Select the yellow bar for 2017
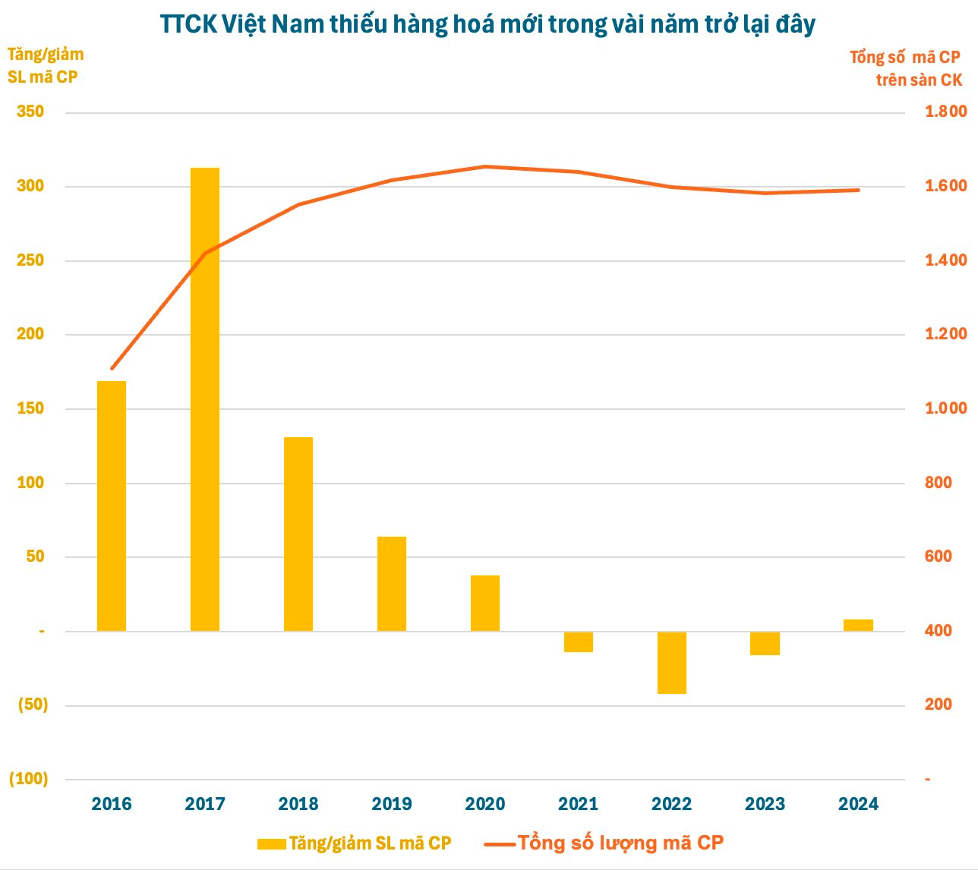pyautogui.click(x=205, y=399)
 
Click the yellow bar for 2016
pyautogui.click(x=112, y=506)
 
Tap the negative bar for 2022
pyautogui.click(x=672, y=662)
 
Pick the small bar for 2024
pyautogui.click(x=858, y=625)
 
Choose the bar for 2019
pyautogui.click(x=392, y=584)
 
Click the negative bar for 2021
pyautogui.click(x=579, y=641)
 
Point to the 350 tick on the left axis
pyautogui.click(x=30, y=112)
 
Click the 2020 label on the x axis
pyautogui.click(x=485, y=804)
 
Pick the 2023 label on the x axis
pyautogui.click(x=765, y=804)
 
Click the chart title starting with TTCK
pyautogui.click(x=487, y=24)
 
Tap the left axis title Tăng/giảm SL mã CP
pyautogui.click(x=45, y=65)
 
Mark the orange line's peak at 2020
pyautogui.click(x=485, y=166)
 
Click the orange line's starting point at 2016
pyautogui.click(x=112, y=368)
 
